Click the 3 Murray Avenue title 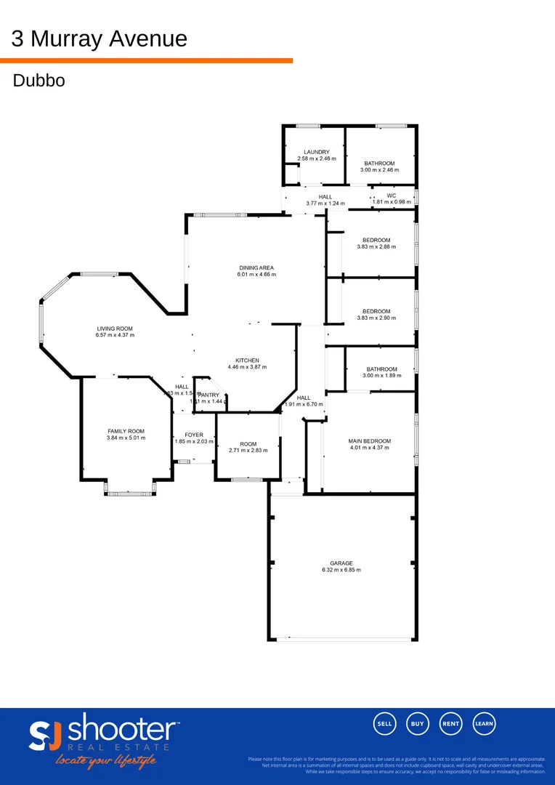click(99, 39)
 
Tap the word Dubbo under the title click(39, 80)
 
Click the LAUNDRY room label click(317, 152)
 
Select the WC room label click(391, 196)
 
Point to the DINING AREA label click(256, 267)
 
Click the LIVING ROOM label click(115, 329)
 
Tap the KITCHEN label click(247, 361)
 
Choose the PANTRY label click(209, 395)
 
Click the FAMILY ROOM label click(126, 431)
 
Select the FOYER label click(194, 435)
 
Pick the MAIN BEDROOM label click(370, 441)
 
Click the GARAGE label click(341, 563)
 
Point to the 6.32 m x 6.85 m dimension click(341, 571)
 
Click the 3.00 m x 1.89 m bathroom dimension click(381, 376)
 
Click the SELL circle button click(385, 723)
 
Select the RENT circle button click(451, 723)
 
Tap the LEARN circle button click(485, 723)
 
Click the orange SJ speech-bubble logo click(46, 736)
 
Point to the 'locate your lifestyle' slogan click(105, 761)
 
